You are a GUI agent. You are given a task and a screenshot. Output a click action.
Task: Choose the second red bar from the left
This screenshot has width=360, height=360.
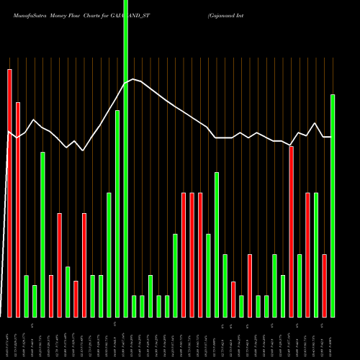pyautogui.click(x=18, y=209)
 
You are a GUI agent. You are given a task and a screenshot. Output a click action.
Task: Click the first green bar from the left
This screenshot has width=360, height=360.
pyautogui.click(x=26, y=296)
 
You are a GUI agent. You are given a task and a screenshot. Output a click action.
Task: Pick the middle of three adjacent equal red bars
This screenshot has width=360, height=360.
pyautogui.click(x=192, y=255)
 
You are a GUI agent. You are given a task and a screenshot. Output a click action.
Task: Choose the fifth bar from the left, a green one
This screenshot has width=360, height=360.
pyautogui.click(x=42, y=234)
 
